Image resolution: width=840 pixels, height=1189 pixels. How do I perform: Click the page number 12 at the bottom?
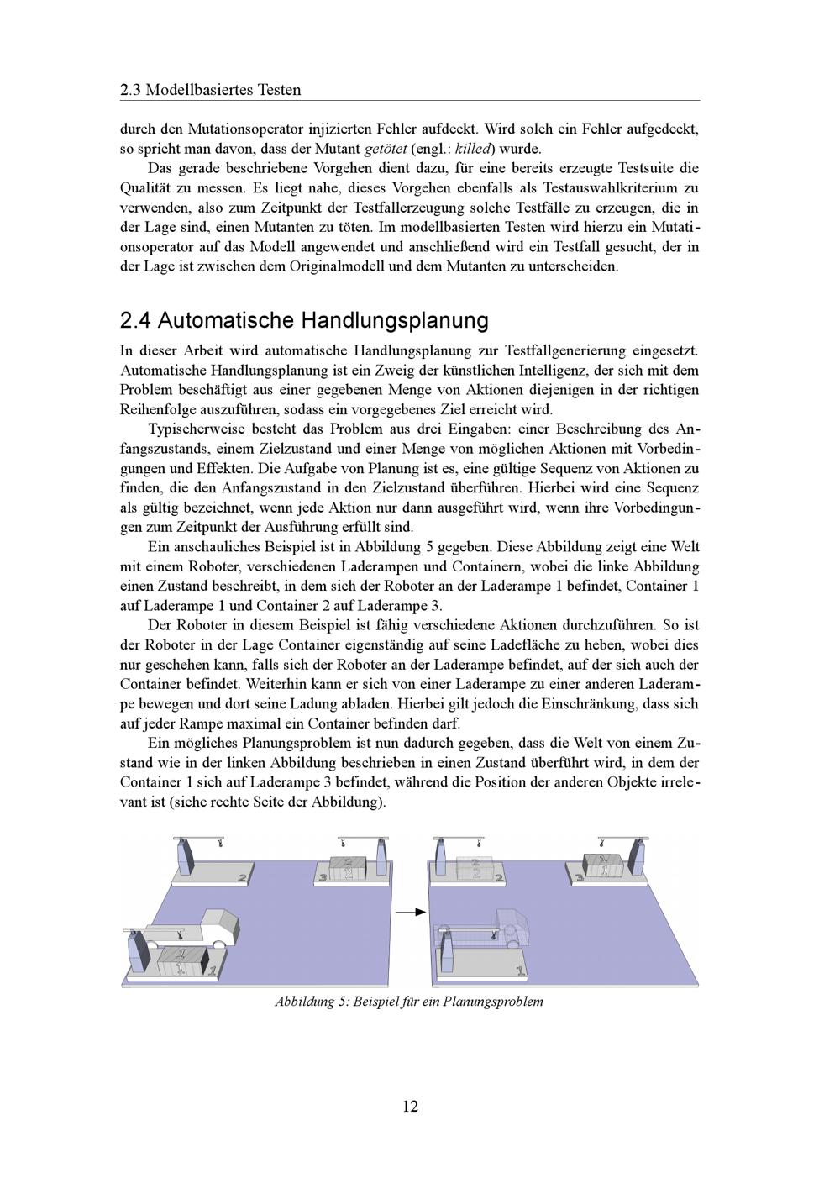pos(410,1106)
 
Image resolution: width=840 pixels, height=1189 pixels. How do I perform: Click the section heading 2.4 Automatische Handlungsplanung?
pos(304,321)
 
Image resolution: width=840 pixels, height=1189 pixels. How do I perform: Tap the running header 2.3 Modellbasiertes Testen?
pos(211,90)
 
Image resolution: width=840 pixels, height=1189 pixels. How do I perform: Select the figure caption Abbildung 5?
pos(408,1002)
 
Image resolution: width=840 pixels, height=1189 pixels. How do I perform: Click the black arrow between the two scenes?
pos(409,911)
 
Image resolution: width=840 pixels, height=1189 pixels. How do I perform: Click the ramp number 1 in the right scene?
pos(521,971)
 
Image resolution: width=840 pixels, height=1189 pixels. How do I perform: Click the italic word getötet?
pos(384,150)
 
